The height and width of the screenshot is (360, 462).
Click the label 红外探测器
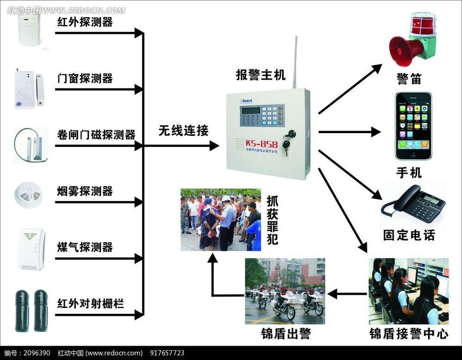pos(85,22)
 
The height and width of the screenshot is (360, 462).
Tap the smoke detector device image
pos(30,194)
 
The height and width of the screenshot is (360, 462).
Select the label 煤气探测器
pos(85,247)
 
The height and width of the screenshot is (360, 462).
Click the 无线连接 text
pos(184,131)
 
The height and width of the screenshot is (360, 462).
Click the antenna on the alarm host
pos(294,62)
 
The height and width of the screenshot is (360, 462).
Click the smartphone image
pos(413,126)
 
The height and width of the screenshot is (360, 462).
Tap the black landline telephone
pos(413,204)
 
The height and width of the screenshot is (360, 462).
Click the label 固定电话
pos(409,235)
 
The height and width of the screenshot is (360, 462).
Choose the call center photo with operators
pos(408,291)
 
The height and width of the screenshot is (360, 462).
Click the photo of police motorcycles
pos(285,291)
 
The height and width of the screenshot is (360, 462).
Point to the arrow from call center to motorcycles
pos(346,293)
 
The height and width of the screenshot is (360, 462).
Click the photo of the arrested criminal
pos(220,220)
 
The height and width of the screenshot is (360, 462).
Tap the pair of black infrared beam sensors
pos(31,310)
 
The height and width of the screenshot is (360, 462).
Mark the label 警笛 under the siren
pos(409,79)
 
